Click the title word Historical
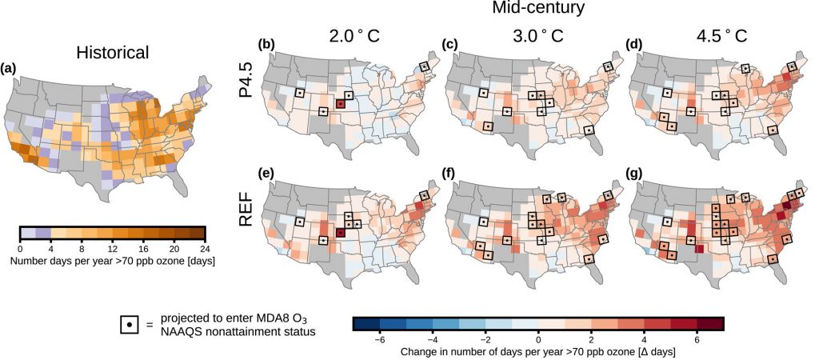(x=112, y=53)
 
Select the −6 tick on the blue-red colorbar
(x=381, y=338)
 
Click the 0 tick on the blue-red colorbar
(x=538, y=338)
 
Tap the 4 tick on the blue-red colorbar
(x=644, y=338)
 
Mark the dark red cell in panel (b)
(x=341, y=104)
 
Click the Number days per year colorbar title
(x=112, y=261)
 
